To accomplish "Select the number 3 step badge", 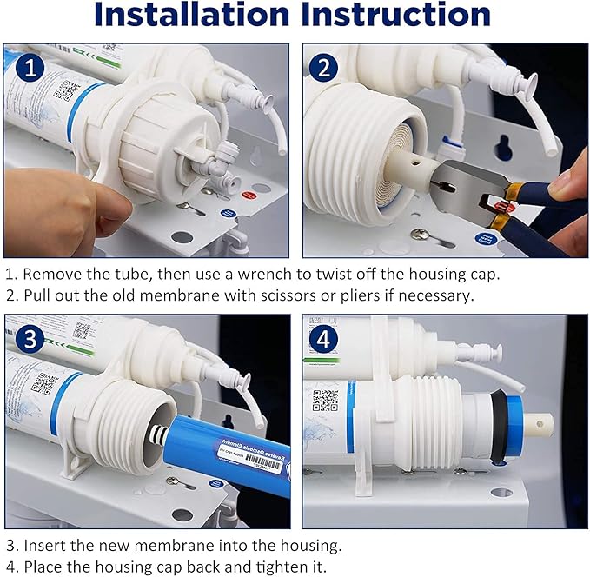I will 31,340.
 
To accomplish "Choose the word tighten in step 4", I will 281,567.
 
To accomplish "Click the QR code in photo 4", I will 325,401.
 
